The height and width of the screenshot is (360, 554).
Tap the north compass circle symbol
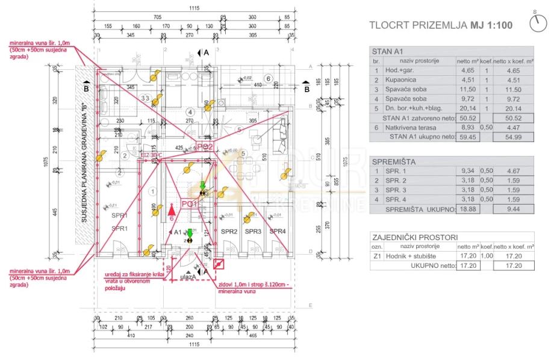pos(537,23)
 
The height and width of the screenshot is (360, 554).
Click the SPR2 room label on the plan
pos(229,232)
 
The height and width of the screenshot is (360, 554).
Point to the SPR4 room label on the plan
pos(278,232)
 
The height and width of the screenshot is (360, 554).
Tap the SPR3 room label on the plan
pos(253,232)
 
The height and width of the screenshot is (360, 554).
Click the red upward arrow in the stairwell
pos(172,209)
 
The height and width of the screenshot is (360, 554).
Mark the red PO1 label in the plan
pos(190,204)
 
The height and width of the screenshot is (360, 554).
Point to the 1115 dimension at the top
pos(193,7)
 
